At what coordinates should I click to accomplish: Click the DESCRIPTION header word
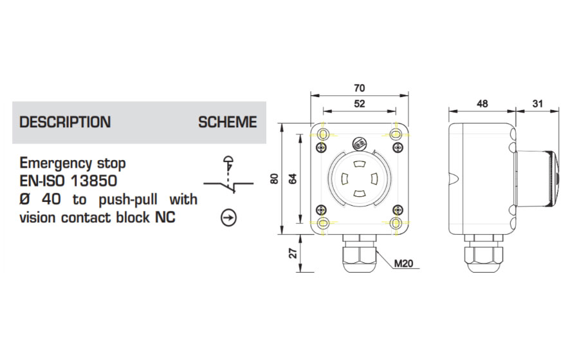[65, 122]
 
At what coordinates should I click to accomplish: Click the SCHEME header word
[227, 122]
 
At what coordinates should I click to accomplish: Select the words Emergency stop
[73, 162]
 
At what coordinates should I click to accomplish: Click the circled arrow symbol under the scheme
[228, 218]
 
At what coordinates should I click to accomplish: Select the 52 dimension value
[360, 103]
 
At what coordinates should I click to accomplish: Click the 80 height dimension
[275, 179]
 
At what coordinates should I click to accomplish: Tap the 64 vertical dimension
[293, 179]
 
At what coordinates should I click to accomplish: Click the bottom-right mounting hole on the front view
[397, 222]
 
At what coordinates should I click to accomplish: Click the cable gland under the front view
[360, 253]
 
